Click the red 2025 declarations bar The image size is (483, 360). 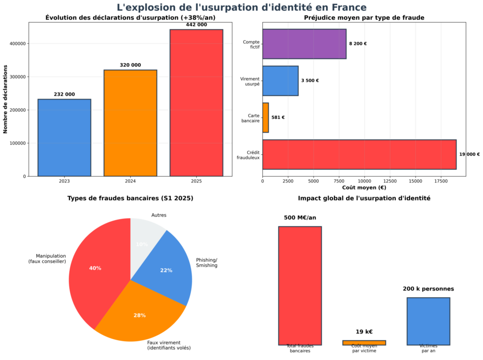tap(196, 103)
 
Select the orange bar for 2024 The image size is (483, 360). tap(130, 123)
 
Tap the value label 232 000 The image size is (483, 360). tap(64, 94)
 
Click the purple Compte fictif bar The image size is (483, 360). tap(304, 44)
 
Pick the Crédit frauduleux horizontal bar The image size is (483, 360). tap(359, 154)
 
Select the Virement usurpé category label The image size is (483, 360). tap(250, 81)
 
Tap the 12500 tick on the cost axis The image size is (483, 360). tap(389, 181)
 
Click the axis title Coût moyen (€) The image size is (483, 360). tap(364, 188)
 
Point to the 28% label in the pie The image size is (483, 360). tap(140, 315)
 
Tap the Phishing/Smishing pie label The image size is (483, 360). tap(207, 263)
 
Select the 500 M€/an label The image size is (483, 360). tap(300, 218)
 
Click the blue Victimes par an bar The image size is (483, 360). tap(428, 321)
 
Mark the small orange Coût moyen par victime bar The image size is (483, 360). tap(364, 343)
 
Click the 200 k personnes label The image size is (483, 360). tap(428, 289)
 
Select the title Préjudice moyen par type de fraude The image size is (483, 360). tap(364, 18)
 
